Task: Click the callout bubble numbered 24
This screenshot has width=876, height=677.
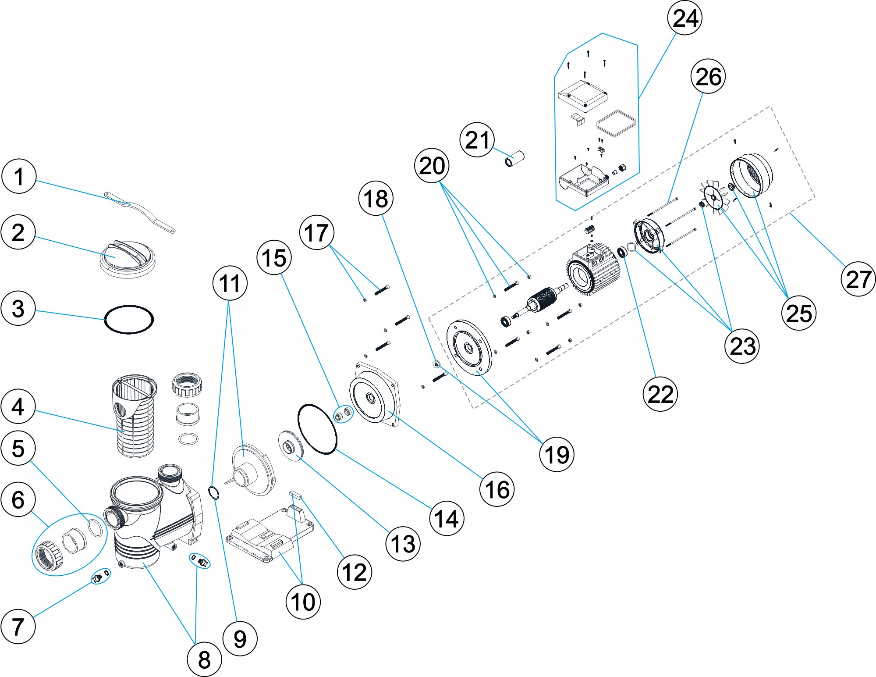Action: point(684,18)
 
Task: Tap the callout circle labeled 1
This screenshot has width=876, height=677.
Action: point(19,176)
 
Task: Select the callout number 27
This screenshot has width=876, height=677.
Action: point(858,279)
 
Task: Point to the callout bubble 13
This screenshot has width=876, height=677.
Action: point(403,544)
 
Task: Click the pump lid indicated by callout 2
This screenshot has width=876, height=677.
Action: point(127,259)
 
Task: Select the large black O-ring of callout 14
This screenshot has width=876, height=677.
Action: point(317,429)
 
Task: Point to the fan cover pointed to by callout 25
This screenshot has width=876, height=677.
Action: point(751,175)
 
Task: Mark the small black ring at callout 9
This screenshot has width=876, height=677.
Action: point(213,493)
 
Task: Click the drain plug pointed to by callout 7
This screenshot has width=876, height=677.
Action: point(97,578)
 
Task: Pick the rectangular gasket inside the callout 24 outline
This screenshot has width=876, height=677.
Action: point(616,124)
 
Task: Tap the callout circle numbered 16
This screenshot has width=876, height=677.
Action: point(497,489)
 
